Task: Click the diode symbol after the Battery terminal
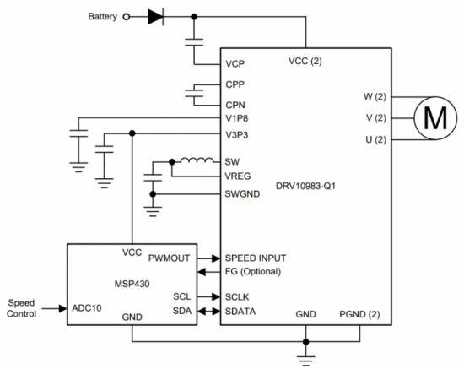pyautogui.click(x=156, y=17)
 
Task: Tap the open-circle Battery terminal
pyautogui.click(x=127, y=17)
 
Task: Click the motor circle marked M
pyautogui.click(x=435, y=118)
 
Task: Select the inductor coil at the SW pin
pyautogui.click(x=197, y=160)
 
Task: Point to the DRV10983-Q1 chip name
pyautogui.click(x=305, y=186)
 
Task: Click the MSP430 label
pyautogui.click(x=132, y=284)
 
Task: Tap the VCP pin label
pyautogui.click(x=235, y=64)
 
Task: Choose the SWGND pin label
pyautogui.click(x=242, y=194)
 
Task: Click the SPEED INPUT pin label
pyautogui.click(x=256, y=258)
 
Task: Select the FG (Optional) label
pyautogui.click(x=253, y=271)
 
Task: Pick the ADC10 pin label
pyautogui.click(x=87, y=308)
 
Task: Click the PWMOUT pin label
pyautogui.click(x=169, y=258)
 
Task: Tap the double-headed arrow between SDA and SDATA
pyautogui.click(x=208, y=312)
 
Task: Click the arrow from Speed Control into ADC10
pyautogui.click(x=55, y=308)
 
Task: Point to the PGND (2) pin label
pyautogui.click(x=359, y=314)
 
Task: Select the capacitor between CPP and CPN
pyautogui.click(x=194, y=93)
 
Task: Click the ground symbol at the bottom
pyautogui.click(x=306, y=361)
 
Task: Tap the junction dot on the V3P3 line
pyautogui.click(x=132, y=133)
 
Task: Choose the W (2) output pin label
pyautogui.click(x=375, y=96)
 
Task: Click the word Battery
pyautogui.click(x=103, y=17)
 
